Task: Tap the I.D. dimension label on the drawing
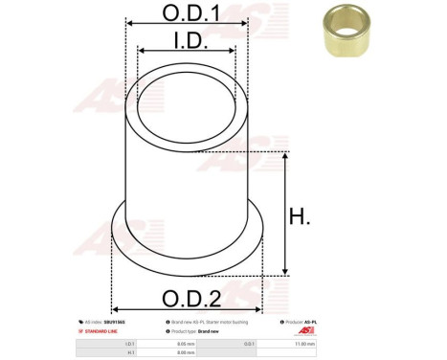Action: pyautogui.click(x=188, y=39)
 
